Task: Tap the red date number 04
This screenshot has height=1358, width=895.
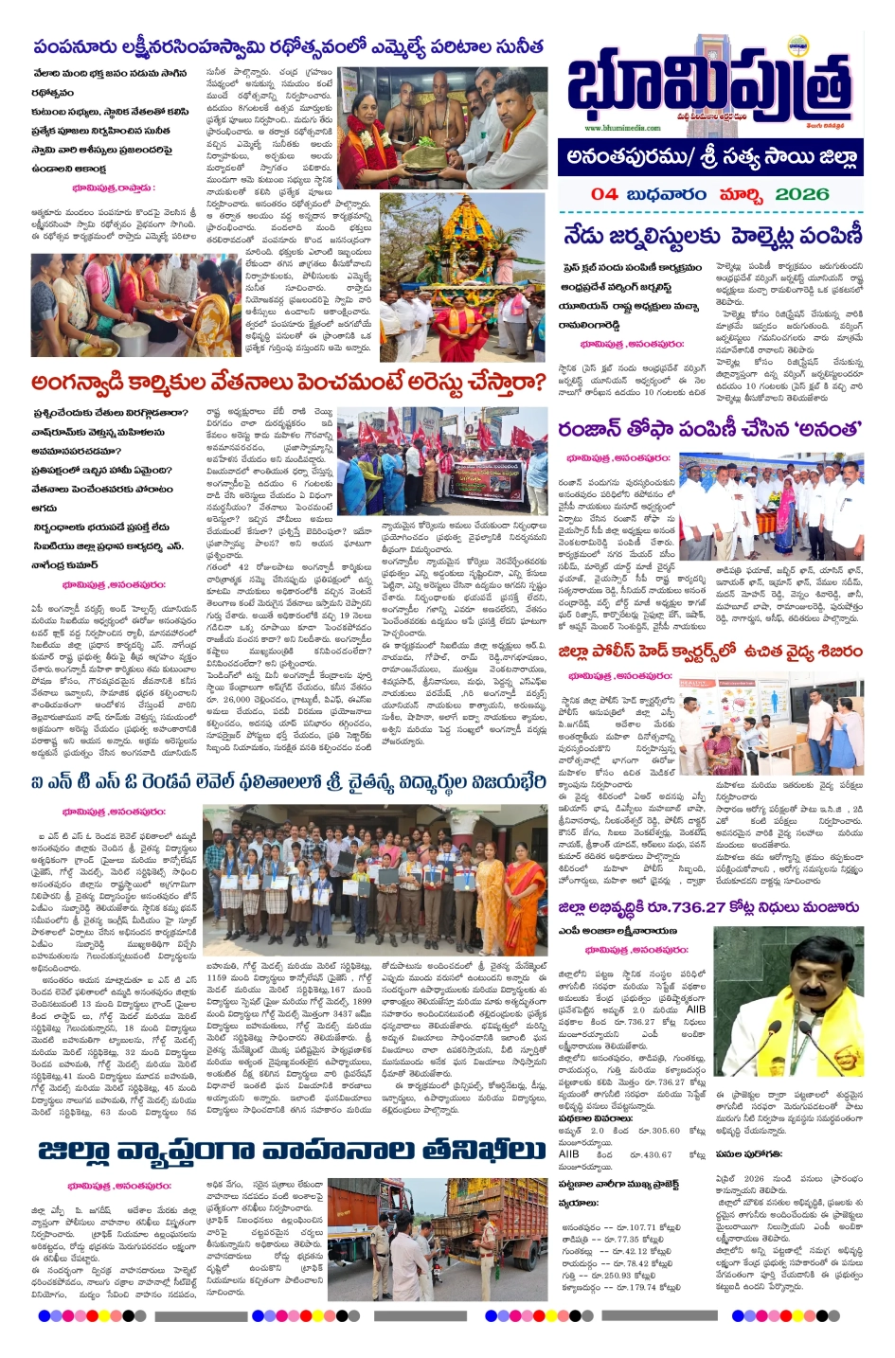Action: pos(604,194)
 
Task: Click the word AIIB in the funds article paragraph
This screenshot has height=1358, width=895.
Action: pos(695,1010)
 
